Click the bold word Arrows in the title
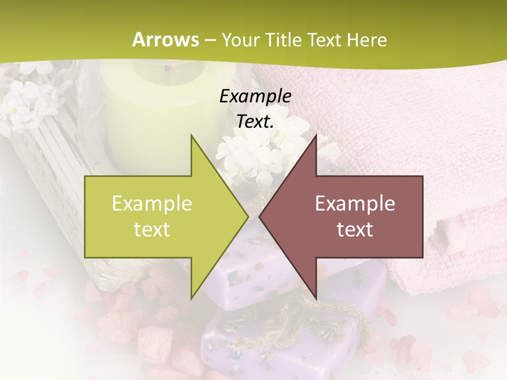[166, 40]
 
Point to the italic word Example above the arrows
[255, 96]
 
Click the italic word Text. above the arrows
[255, 121]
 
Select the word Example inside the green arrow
[152, 203]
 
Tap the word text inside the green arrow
[152, 229]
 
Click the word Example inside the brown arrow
[355, 203]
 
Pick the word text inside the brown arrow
[355, 229]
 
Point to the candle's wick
[169, 68]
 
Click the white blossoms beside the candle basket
[29, 100]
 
